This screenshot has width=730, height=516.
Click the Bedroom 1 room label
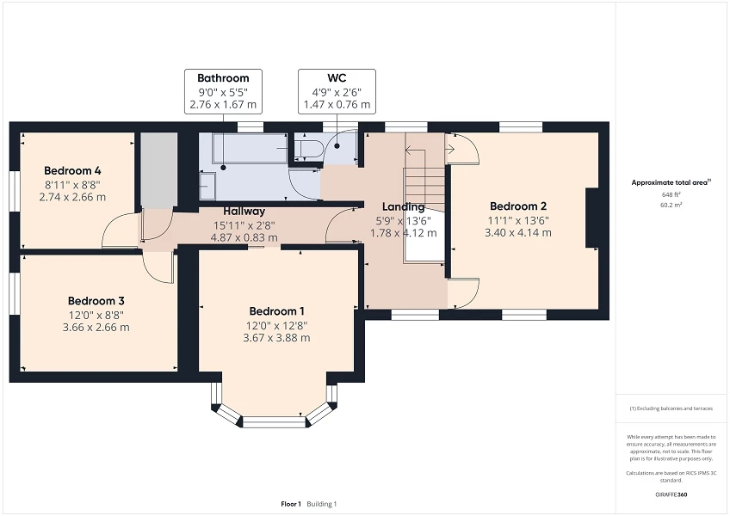[276, 311]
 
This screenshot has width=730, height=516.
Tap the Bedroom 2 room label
[517, 206]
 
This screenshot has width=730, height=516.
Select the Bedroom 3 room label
[96, 301]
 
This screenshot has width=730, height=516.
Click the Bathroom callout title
[223, 78]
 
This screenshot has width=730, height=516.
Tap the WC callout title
[337, 78]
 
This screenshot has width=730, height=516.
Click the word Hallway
[244, 212]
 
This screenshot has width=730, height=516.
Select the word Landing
[403, 207]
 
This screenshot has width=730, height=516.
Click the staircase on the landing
[424, 185]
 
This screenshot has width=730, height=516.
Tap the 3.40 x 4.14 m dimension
[517, 232]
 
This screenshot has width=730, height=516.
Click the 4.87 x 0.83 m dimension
[244, 237]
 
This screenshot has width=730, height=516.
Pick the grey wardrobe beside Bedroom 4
[158, 170]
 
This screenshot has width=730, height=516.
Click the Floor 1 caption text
[291, 503]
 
